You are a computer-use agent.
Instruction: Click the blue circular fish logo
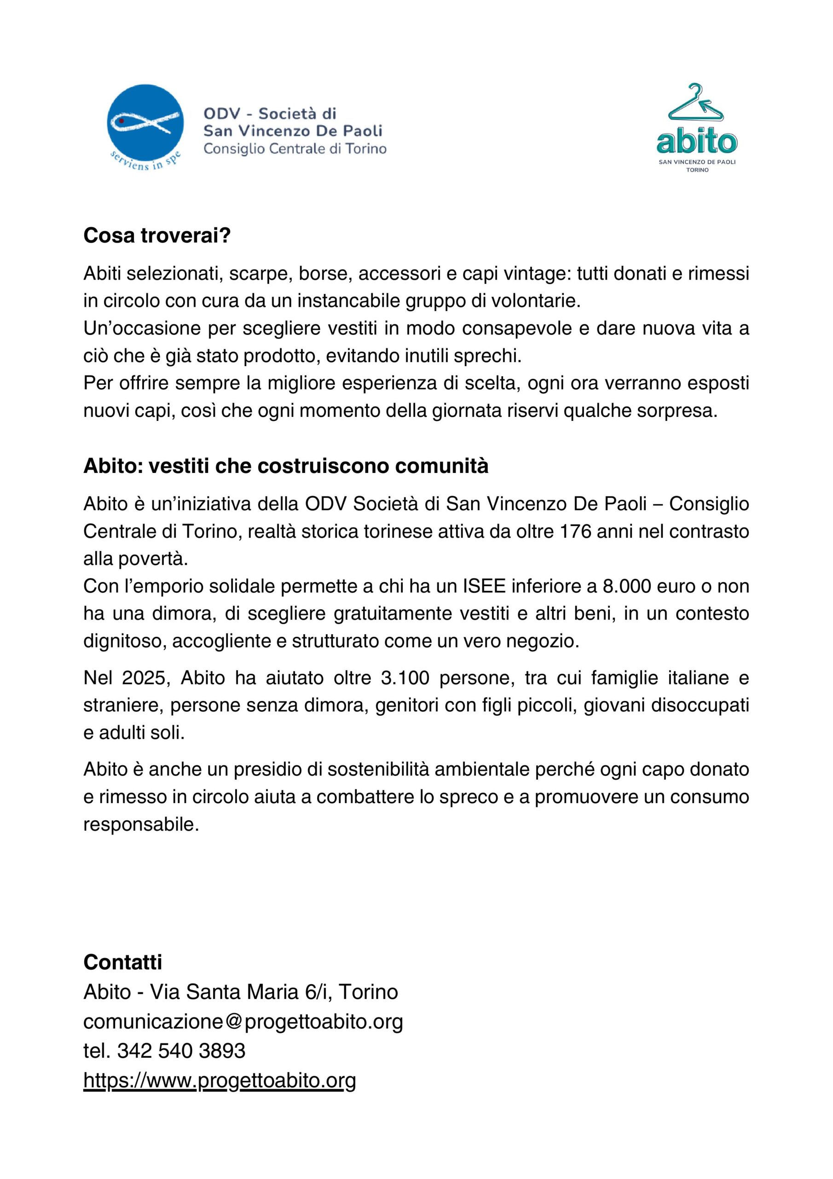[x=145, y=123]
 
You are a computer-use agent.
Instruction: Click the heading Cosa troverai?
[x=157, y=236]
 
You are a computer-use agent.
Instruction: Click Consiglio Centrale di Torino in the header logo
[x=295, y=149]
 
